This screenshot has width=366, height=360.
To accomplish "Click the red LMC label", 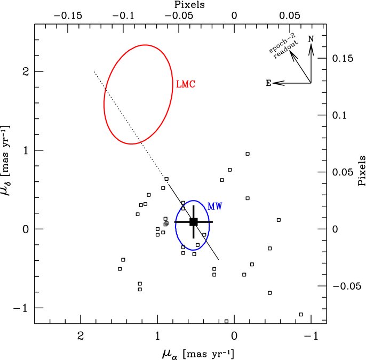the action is click(x=186, y=84).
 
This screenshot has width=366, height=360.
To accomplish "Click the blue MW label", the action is click(x=215, y=206).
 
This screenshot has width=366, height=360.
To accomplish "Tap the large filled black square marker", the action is click(x=194, y=222).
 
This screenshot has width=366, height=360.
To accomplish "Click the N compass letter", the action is click(x=311, y=39).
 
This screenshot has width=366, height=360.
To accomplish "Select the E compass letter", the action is click(x=269, y=83).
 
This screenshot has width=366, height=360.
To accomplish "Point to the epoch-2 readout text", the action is click(x=283, y=46).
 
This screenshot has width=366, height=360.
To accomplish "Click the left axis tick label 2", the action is click(x=26, y=71).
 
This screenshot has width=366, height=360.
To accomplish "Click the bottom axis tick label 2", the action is click(x=81, y=336).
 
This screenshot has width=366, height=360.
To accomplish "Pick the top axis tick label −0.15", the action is click(x=68, y=16).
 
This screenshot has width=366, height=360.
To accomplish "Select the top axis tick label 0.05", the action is click(x=289, y=16).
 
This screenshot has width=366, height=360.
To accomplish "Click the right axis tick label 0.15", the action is click(x=343, y=58).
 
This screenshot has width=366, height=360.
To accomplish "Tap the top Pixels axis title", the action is click(x=189, y=5).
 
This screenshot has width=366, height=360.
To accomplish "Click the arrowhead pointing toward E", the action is click(x=279, y=83).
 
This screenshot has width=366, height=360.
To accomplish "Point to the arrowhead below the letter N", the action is click(x=311, y=50).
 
